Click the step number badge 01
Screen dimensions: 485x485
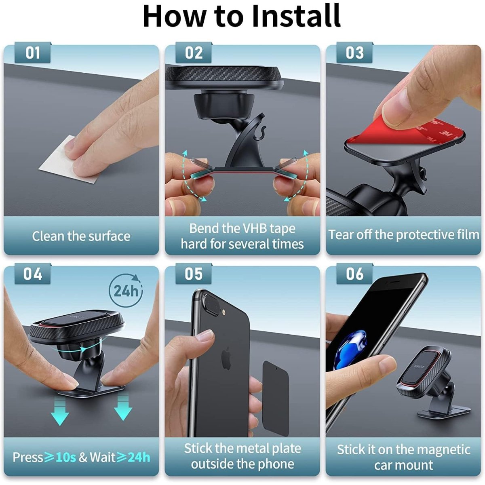coord(33,53)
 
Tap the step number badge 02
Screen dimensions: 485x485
coord(194,53)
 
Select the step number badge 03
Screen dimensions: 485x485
coord(354,53)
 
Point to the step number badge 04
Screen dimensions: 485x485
coord(33,274)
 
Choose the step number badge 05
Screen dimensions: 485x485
coord(194,274)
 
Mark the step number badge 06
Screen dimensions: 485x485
coord(354,274)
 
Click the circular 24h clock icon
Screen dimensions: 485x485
coord(126,290)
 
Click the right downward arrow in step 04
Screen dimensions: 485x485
coord(123,407)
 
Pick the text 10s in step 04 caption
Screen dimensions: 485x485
coord(65,457)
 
